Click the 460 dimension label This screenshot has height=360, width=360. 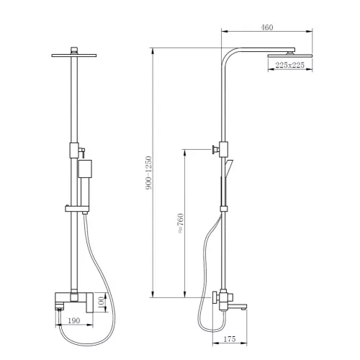click(267, 27)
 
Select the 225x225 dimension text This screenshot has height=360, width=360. click(289, 65)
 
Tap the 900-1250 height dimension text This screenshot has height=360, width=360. click(149, 173)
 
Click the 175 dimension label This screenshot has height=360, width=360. click(230, 339)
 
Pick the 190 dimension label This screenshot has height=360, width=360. click(74, 320)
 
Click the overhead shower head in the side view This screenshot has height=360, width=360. click(290, 55)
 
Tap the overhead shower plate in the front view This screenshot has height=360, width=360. click(74, 55)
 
